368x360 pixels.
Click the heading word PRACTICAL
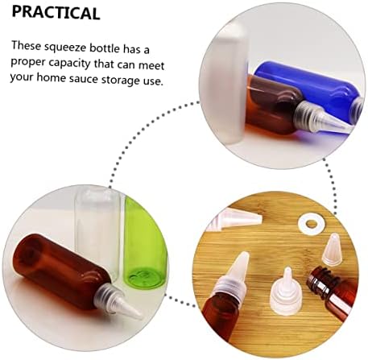coord(56,12)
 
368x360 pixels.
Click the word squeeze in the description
coord(65,48)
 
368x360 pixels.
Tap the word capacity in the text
coord(69,64)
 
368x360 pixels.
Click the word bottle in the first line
coord(105,48)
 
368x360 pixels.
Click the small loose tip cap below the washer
coord(333,250)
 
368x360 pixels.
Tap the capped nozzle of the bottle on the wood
coord(233,274)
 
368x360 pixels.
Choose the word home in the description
coord(51,77)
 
